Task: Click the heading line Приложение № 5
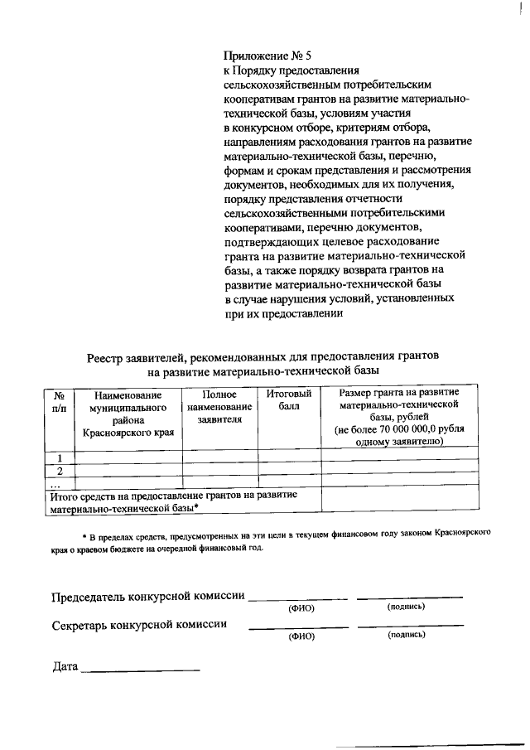click(x=268, y=57)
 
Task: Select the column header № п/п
click(x=59, y=401)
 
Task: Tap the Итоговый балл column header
click(x=289, y=400)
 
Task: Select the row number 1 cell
click(x=59, y=457)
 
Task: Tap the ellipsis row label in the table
click(x=56, y=482)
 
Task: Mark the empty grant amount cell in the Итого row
click(x=399, y=500)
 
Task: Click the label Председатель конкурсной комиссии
click(x=148, y=596)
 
